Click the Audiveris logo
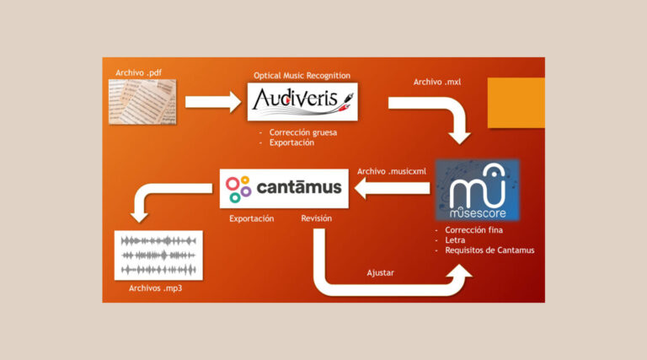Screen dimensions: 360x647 click(302, 101)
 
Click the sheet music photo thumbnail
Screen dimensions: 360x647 click(142, 102)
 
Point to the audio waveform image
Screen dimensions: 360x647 click(158, 255)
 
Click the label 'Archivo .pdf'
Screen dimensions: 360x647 click(139, 73)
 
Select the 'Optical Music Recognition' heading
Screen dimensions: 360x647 click(302, 75)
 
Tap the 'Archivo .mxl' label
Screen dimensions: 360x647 click(436, 82)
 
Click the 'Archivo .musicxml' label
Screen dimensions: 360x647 click(392, 171)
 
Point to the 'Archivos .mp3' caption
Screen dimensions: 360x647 click(156, 288)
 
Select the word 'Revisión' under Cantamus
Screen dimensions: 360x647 click(317, 218)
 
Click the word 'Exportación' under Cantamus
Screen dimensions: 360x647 click(252, 218)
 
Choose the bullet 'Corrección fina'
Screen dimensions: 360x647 click(479, 229)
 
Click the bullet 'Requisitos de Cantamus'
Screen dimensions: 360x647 click(489, 250)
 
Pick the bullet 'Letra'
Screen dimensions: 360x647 click(456, 239)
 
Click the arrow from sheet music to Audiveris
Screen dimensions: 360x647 click(212, 103)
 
